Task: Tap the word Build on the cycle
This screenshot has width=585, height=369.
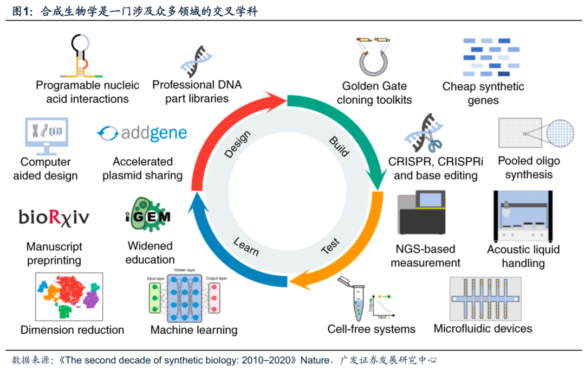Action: pos(339,145)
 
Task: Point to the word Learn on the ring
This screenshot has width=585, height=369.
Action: pos(245,245)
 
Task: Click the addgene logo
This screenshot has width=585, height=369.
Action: pos(141,132)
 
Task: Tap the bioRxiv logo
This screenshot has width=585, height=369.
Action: pos(54,217)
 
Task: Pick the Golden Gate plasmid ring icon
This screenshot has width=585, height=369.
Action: pos(374,62)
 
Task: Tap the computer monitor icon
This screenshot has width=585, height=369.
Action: pos(46,133)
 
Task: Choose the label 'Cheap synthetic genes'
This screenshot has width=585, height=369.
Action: pos(483,93)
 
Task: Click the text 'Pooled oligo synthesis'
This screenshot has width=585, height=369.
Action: pos(529,168)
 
